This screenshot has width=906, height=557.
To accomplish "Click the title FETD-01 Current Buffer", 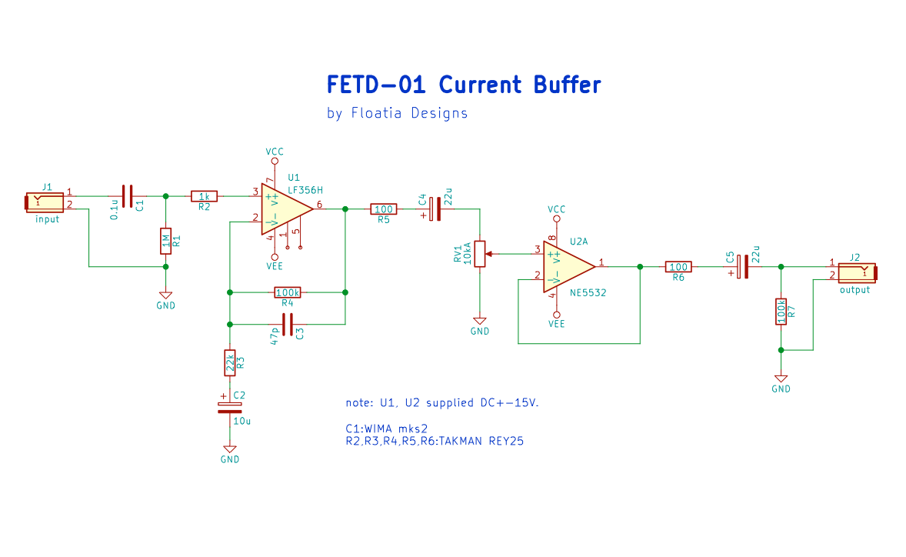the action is (464, 85).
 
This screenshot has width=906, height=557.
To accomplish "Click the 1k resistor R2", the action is (204, 196).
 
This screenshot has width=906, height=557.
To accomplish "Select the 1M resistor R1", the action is (166, 241).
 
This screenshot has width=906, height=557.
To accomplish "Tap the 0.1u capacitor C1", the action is (128, 196).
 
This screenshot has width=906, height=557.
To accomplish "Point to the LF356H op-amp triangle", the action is (287, 209).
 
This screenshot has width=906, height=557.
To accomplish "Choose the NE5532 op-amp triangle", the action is (568, 266).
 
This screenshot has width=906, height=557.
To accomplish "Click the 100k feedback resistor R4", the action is (287, 292).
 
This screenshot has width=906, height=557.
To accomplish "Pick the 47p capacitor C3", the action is (287, 324).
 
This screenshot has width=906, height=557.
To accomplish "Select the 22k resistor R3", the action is (230, 363).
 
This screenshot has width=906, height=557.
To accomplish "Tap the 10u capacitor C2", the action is (230, 408).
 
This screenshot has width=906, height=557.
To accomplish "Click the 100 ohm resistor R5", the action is (384, 209).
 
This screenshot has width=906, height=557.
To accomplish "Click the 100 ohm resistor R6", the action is (678, 266).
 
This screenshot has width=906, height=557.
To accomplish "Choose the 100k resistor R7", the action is (781, 312).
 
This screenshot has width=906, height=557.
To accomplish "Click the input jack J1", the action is (44, 202).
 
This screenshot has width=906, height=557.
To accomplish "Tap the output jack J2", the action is (858, 272).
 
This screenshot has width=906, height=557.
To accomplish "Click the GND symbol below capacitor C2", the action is (230, 449).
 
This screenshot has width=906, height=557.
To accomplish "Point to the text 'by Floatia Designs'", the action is (397, 113).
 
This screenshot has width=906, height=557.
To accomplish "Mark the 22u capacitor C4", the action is (435, 209).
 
